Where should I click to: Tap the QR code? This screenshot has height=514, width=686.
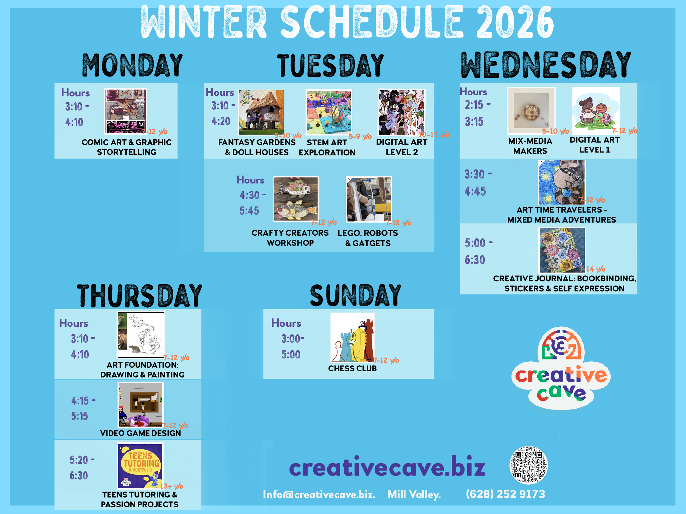tap(528, 465)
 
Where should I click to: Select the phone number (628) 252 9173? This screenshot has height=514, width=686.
tap(505, 494)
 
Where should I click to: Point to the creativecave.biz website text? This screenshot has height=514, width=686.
tap(387, 467)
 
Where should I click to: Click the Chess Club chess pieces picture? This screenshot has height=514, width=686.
tap(353, 337)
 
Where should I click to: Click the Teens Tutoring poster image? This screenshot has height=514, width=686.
tap(140, 466)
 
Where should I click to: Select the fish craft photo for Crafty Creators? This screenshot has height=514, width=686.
tap(296, 199)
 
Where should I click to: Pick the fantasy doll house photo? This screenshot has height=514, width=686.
tap(261, 112)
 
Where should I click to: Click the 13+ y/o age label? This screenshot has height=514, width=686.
tap(172, 486)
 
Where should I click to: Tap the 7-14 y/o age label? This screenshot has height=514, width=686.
tap(592, 269)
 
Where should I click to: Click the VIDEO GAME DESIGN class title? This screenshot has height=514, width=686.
tap(140, 433)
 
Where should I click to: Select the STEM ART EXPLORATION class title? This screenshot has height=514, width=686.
tap(327, 148)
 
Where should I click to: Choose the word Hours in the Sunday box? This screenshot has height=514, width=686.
tap(286, 323)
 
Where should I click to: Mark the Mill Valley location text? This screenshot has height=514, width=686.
tap(414, 494)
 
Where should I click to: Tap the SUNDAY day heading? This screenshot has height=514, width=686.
tap(355, 295)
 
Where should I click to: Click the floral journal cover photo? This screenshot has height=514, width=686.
tap(562, 250)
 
